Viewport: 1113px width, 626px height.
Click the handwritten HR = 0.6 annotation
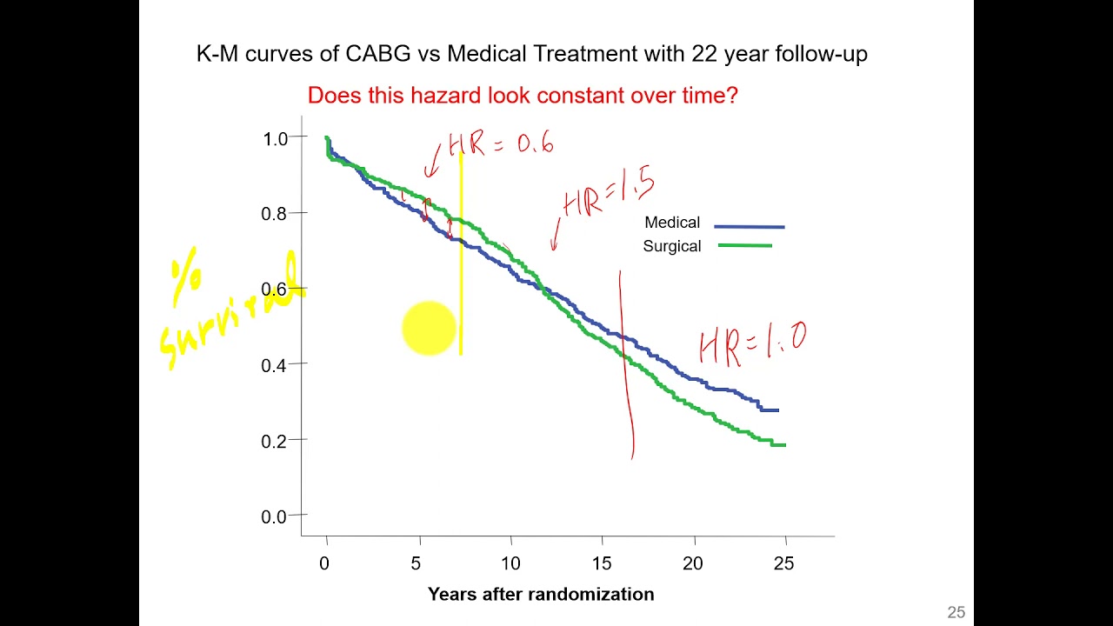(501, 144)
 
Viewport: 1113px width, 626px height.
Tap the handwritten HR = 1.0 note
(753, 342)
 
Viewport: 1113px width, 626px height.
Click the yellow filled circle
(429, 329)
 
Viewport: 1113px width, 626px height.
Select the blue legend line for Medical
(749, 226)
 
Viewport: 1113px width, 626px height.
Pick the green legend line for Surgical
(745, 246)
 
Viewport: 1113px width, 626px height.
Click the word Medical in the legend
(672, 223)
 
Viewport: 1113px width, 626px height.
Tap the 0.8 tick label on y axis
(274, 214)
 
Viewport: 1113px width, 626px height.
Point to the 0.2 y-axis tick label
(274, 441)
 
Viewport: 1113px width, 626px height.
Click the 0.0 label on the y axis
(274, 516)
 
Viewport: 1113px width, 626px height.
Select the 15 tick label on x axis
(602, 563)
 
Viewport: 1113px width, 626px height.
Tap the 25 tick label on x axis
(783, 563)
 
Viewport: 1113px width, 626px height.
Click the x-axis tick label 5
(416, 563)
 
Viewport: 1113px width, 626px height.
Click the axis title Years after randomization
(541, 595)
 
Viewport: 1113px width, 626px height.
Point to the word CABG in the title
(378, 54)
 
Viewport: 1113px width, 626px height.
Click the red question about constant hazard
(523, 96)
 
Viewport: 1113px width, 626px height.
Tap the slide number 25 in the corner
(956, 613)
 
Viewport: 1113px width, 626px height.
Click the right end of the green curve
(784, 445)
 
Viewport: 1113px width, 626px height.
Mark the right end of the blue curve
(777, 410)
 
